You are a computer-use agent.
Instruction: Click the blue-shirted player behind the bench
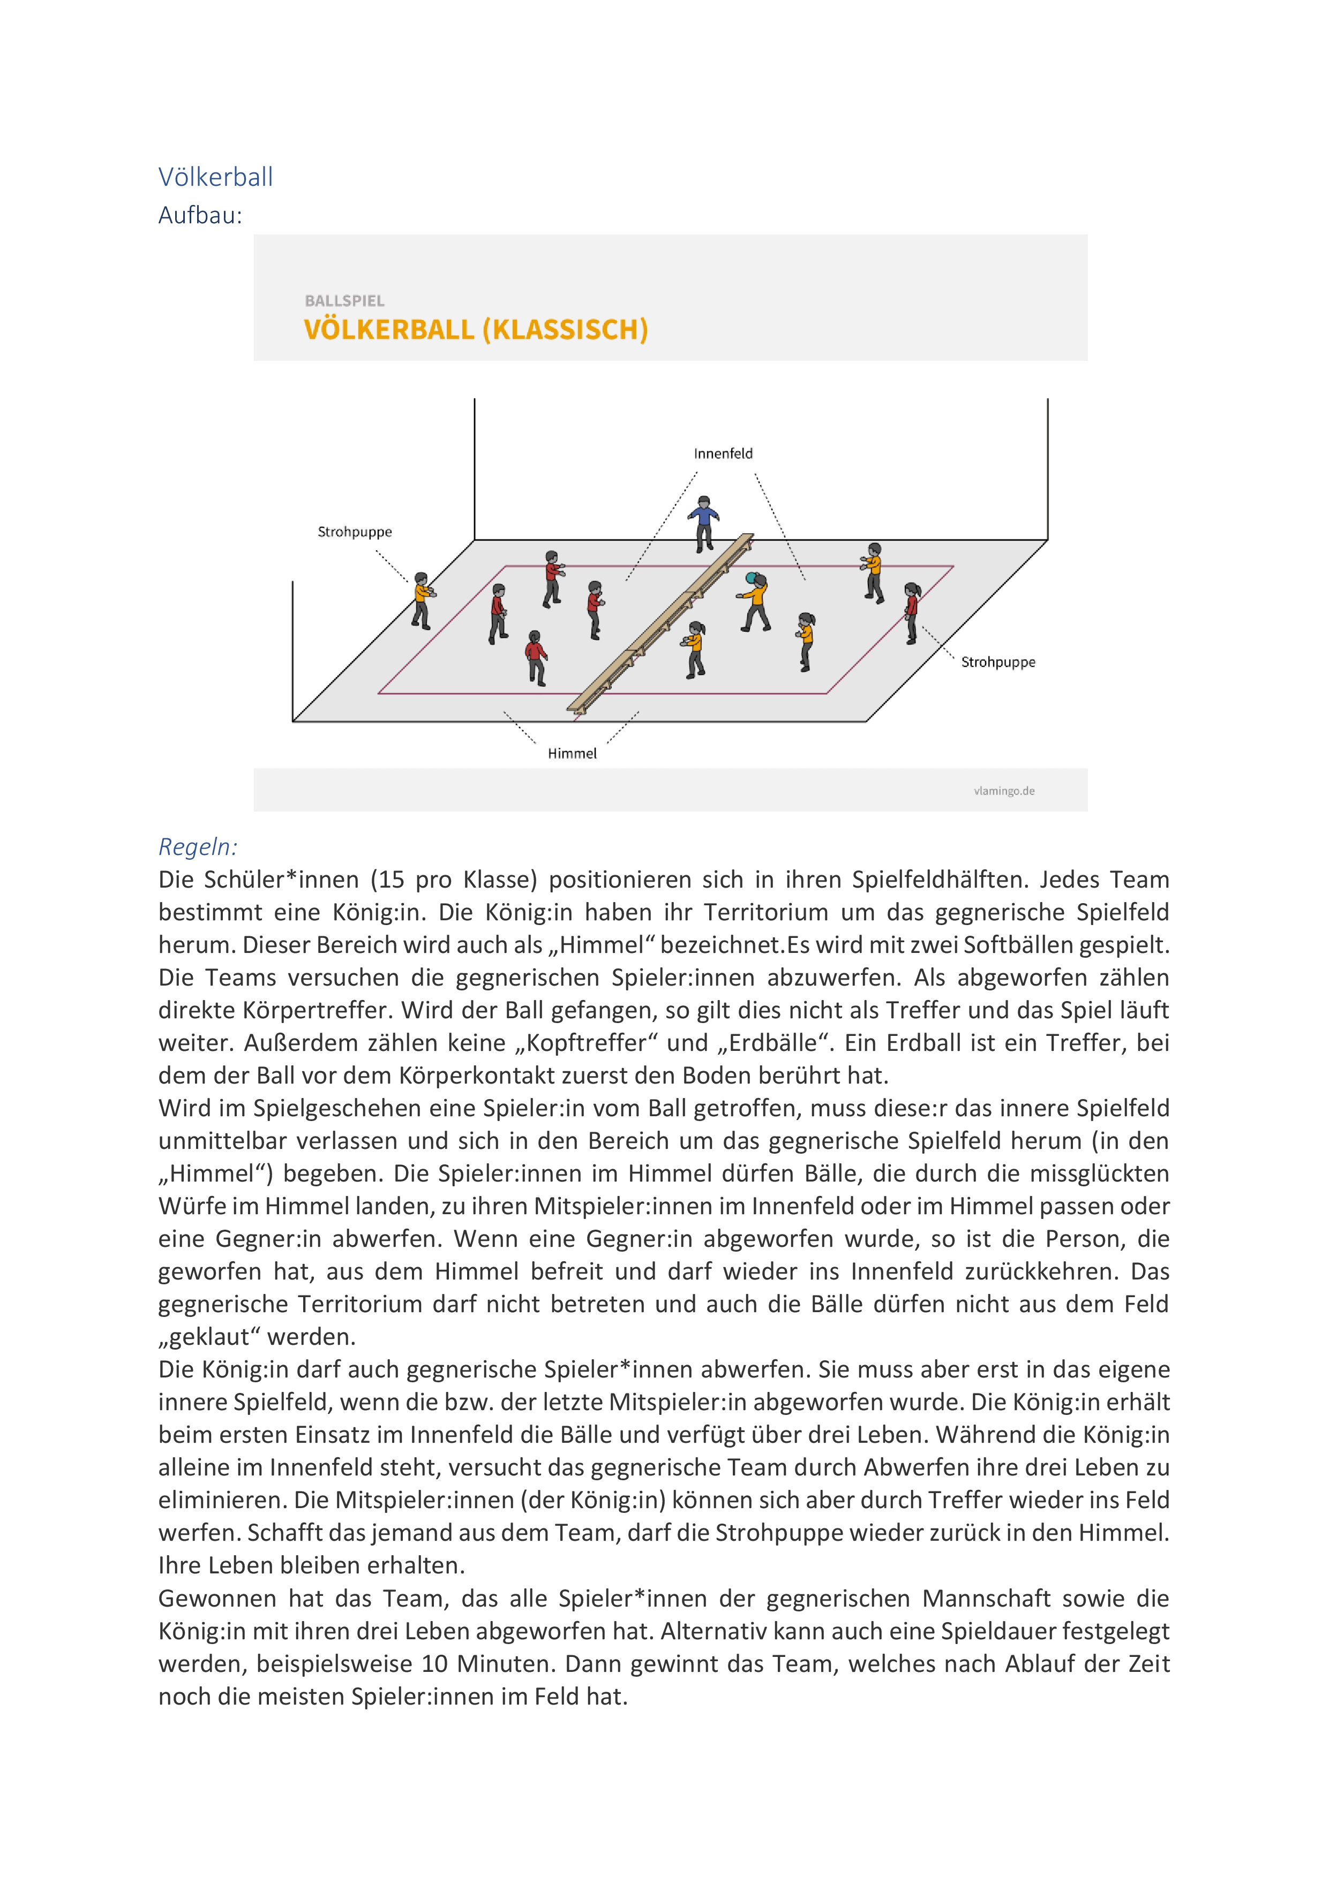(x=703, y=522)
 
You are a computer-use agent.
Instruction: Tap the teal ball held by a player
(x=750, y=578)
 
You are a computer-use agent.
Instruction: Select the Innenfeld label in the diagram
(x=723, y=454)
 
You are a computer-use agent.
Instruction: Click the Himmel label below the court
(x=572, y=753)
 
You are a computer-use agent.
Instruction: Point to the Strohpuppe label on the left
(x=354, y=532)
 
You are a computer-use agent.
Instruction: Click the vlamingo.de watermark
(x=1004, y=791)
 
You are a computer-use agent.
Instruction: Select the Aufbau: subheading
(x=200, y=215)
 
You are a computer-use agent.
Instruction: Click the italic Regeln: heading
(x=197, y=846)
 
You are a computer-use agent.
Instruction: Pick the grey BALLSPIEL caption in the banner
(x=344, y=301)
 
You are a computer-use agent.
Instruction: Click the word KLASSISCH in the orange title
(x=565, y=330)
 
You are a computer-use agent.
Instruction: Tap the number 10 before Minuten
(x=434, y=1664)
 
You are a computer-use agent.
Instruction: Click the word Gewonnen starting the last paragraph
(x=217, y=1599)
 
